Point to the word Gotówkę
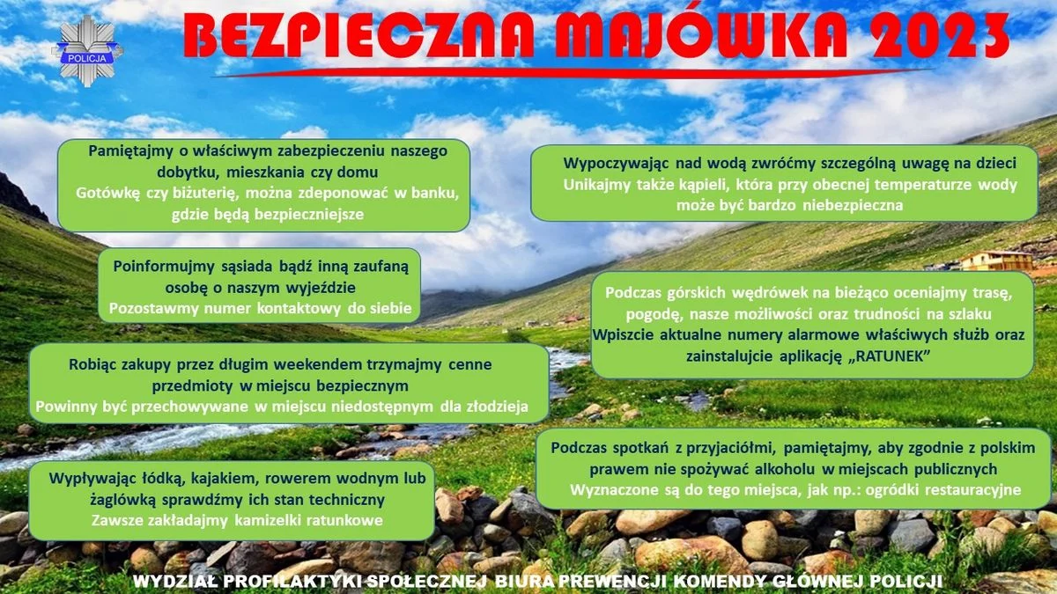coord(108,193)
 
